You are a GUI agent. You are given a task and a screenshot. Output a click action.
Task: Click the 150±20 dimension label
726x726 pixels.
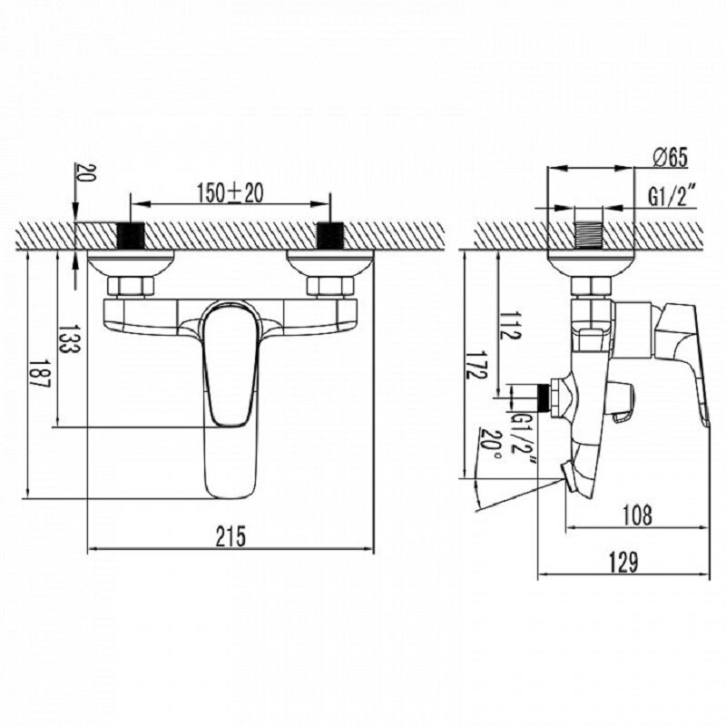[x=231, y=192]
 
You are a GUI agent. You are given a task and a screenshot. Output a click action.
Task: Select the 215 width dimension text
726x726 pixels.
[x=231, y=536]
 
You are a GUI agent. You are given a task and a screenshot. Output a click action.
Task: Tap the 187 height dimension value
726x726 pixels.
[x=39, y=373]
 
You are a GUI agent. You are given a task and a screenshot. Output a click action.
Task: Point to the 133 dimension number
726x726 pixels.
[x=69, y=338]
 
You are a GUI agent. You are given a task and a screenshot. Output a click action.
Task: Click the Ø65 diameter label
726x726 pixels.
[x=671, y=157]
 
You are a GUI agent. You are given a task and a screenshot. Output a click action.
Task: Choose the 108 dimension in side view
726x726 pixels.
[x=637, y=515]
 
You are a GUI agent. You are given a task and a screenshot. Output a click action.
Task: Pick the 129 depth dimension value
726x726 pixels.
[x=623, y=563]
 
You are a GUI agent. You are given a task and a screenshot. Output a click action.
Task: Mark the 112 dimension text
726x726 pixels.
[x=510, y=325]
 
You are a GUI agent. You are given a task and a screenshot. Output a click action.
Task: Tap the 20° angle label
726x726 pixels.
[x=490, y=443]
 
